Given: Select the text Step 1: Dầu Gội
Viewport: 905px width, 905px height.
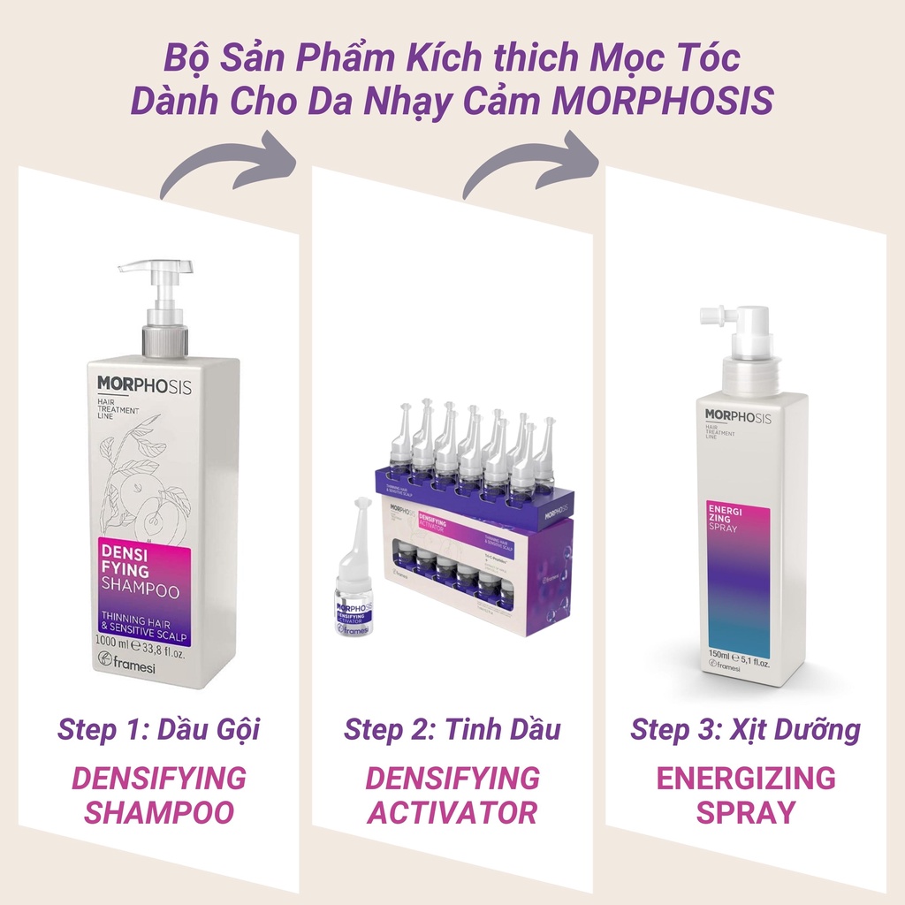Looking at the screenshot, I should point(159,730).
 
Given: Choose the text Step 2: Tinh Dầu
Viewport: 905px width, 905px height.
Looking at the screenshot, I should point(452,730).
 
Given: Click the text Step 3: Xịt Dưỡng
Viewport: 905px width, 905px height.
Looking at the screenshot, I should point(745,730).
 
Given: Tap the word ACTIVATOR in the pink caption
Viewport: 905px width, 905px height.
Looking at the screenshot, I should point(452,811).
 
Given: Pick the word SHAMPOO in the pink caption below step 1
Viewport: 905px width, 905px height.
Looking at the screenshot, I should point(159,811).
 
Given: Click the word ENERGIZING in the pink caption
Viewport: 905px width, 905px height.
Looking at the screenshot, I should point(745,778).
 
